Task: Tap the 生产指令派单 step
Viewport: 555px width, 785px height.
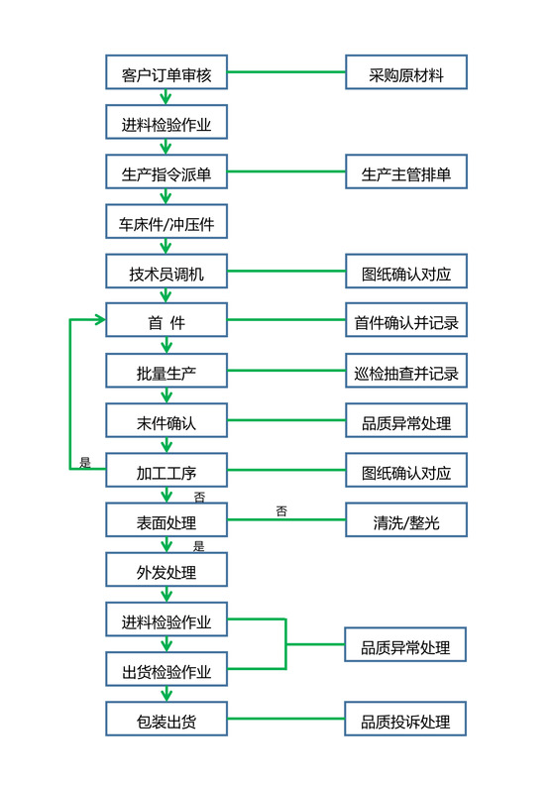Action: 166,172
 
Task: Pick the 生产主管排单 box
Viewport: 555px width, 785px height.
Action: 405,172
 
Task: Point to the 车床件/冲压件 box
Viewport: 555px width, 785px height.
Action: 166,222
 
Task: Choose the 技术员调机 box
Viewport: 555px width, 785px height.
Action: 166,272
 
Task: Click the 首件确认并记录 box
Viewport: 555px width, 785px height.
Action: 405,321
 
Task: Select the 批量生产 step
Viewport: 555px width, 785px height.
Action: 166,372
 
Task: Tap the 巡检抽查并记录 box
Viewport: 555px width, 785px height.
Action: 405,372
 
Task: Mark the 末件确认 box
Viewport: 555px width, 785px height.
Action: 166,421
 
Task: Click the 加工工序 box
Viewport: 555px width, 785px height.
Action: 166,471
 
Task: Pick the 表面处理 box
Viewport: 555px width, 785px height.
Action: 166,520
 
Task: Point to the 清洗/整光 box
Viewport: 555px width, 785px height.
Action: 405,520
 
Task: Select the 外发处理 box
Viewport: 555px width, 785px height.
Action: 166,570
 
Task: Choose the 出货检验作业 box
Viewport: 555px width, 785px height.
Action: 166,670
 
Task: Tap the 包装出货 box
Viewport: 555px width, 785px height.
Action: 166,720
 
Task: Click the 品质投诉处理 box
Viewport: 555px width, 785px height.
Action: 405,720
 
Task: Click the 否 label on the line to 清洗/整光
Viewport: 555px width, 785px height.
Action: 281,511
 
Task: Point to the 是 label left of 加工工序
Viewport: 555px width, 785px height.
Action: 84,462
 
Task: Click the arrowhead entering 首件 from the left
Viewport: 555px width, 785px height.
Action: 99,320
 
